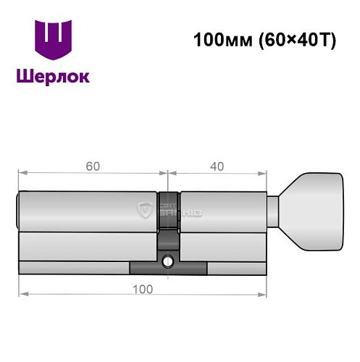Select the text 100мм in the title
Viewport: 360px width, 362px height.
click(217, 41)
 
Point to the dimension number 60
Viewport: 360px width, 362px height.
click(92, 166)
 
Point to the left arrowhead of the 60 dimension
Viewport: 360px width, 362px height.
click(22, 173)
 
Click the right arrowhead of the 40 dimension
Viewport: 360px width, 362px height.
click(264, 173)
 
